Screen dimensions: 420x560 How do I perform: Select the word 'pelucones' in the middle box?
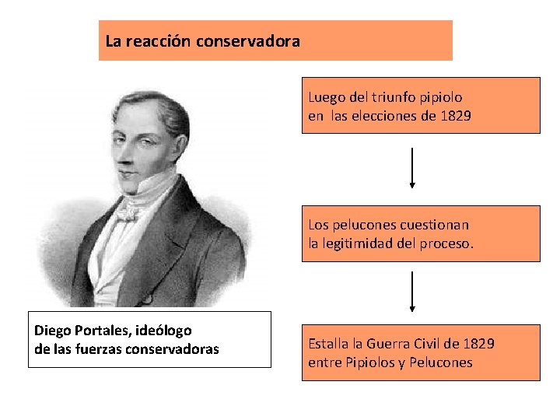coord(363,225)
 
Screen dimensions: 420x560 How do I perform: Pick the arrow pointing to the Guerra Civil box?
coord(412,292)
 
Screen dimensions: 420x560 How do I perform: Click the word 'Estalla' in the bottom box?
coord(329,343)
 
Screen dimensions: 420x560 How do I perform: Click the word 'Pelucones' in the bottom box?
coord(441,362)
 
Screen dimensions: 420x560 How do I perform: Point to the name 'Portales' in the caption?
coord(100,331)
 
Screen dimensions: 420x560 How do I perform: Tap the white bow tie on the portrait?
coord(129,212)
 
